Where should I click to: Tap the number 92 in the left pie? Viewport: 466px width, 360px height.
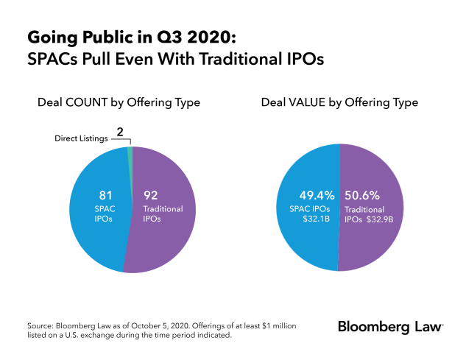[152, 197]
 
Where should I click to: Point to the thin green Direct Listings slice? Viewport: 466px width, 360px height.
[130, 152]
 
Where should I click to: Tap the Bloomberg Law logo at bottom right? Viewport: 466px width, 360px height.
[390, 326]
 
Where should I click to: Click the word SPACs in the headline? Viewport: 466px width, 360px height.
[50, 59]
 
